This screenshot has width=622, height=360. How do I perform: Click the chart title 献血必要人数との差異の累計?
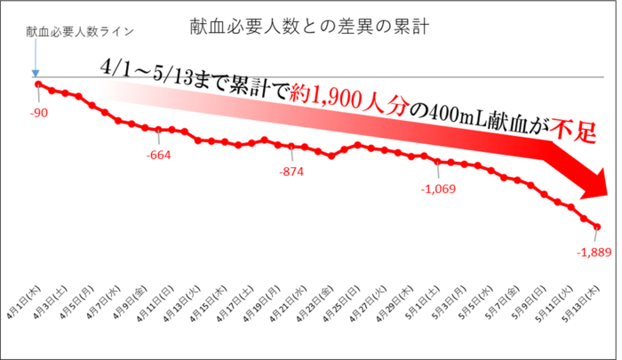(311, 27)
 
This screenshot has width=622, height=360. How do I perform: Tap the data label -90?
(38, 113)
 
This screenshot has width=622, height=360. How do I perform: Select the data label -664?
(159, 156)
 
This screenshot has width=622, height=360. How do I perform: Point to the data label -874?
(290, 171)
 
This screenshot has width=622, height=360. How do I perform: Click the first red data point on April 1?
(38, 84)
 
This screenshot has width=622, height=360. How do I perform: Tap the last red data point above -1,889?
(597, 227)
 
